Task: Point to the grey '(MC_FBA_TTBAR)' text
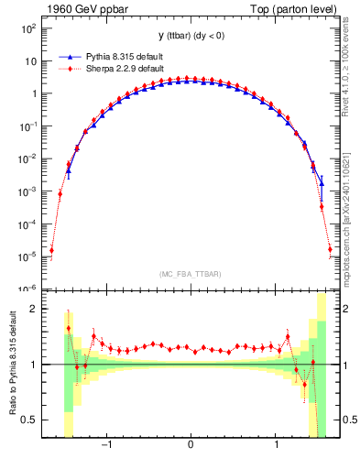[190, 274]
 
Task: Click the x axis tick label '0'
[190, 446]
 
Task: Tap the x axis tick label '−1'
[106, 446]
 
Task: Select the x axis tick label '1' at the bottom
[276, 446]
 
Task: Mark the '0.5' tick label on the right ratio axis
[347, 420]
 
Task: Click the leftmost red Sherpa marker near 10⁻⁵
[51, 250]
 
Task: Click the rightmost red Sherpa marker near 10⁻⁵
[330, 249]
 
